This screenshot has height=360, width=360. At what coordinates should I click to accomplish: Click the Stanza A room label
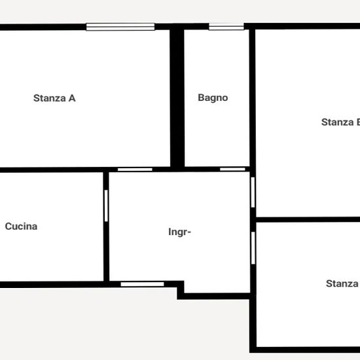(x=54, y=98)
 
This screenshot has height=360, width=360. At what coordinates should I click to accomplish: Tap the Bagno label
(x=213, y=98)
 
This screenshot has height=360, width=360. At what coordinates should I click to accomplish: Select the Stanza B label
(x=341, y=122)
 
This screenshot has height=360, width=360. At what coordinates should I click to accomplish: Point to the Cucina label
(x=21, y=226)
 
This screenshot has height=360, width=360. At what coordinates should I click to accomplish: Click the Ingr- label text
(x=179, y=232)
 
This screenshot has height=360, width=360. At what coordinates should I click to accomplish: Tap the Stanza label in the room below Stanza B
(x=342, y=283)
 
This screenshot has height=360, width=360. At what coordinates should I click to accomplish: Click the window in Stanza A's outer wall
(x=120, y=27)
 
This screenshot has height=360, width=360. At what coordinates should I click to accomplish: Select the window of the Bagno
(x=226, y=27)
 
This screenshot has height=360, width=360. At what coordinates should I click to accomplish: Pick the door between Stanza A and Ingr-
(x=135, y=170)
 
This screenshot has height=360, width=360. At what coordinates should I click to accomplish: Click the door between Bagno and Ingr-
(x=232, y=170)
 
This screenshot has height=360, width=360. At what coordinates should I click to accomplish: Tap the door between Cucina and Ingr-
(x=106, y=206)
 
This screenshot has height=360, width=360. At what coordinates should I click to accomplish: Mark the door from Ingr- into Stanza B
(x=253, y=192)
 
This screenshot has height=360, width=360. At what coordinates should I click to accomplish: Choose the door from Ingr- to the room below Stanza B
(x=253, y=248)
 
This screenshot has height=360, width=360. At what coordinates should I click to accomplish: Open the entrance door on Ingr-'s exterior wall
(x=142, y=284)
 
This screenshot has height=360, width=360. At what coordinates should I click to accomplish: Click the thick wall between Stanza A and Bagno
(x=177, y=98)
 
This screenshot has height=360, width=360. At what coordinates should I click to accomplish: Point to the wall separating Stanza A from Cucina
(x=52, y=170)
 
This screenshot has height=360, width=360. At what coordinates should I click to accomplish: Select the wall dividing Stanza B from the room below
(x=308, y=219)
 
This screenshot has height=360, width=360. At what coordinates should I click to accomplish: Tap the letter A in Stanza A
(x=72, y=98)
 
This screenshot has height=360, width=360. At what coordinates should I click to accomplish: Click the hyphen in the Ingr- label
(x=189, y=232)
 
